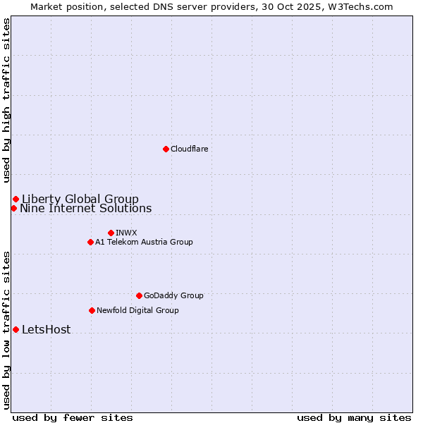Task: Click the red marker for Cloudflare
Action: coord(166,149)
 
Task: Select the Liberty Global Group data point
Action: coord(16,199)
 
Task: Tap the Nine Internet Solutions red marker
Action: coord(13,208)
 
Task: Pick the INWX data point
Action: coord(111,233)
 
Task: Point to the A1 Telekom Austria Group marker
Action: coord(90,242)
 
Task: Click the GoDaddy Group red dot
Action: coord(139,295)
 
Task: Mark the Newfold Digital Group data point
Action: coord(92,310)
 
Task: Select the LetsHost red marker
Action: coord(16,329)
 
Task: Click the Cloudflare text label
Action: coord(189,149)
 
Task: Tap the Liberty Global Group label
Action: coord(80,199)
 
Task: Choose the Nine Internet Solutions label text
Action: coord(85,208)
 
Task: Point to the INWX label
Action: coord(126,233)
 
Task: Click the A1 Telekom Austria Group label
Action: coord(144,242)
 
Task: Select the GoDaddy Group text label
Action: coord(173,295)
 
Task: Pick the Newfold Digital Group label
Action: coord(137,310)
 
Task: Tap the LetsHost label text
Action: coord(46,329)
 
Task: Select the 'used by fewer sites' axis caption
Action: coord(73,417)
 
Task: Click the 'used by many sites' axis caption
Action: coord(354,417)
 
